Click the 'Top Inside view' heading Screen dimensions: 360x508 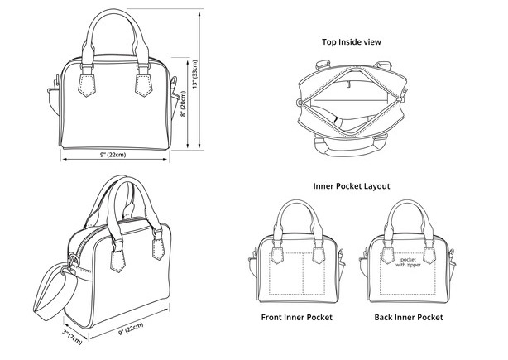point(351,41)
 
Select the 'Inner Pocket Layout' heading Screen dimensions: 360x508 point(352,186)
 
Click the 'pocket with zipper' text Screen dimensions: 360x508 point(407,261)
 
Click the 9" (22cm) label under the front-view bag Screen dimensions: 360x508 point(113,155)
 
